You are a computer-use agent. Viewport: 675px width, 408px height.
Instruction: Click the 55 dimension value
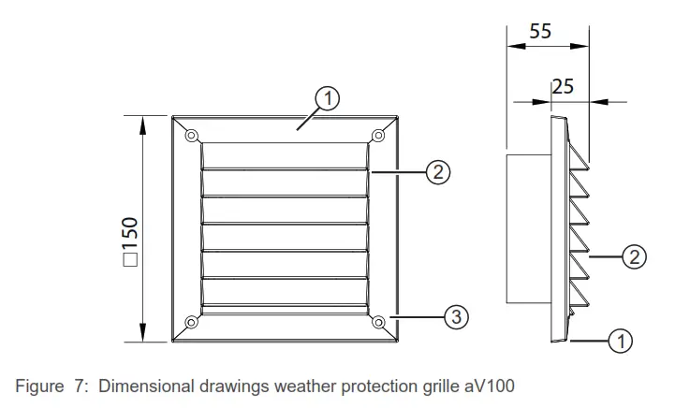(x=540, y=31)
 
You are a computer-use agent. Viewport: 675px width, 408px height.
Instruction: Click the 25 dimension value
(x=563, y=87)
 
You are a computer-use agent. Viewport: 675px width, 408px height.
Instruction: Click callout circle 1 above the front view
(x=326, y=97)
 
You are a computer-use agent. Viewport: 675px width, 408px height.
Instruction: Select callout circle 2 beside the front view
(x=438, y=171)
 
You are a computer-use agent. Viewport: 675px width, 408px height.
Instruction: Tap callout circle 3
(x=454, y=316)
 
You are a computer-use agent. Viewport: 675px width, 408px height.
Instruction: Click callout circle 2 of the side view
(x=634, y=257)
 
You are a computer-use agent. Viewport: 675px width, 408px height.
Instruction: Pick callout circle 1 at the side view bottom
(x=620, y=342)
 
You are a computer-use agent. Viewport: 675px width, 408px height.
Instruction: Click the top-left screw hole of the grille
(x=191, y=134)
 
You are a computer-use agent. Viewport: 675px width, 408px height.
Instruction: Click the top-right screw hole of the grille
(x=379, y=134)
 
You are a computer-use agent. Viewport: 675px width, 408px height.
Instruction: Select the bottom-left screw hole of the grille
(x=191, y=323)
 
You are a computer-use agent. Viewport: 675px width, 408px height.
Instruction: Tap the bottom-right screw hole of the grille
(x=379, y=323)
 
